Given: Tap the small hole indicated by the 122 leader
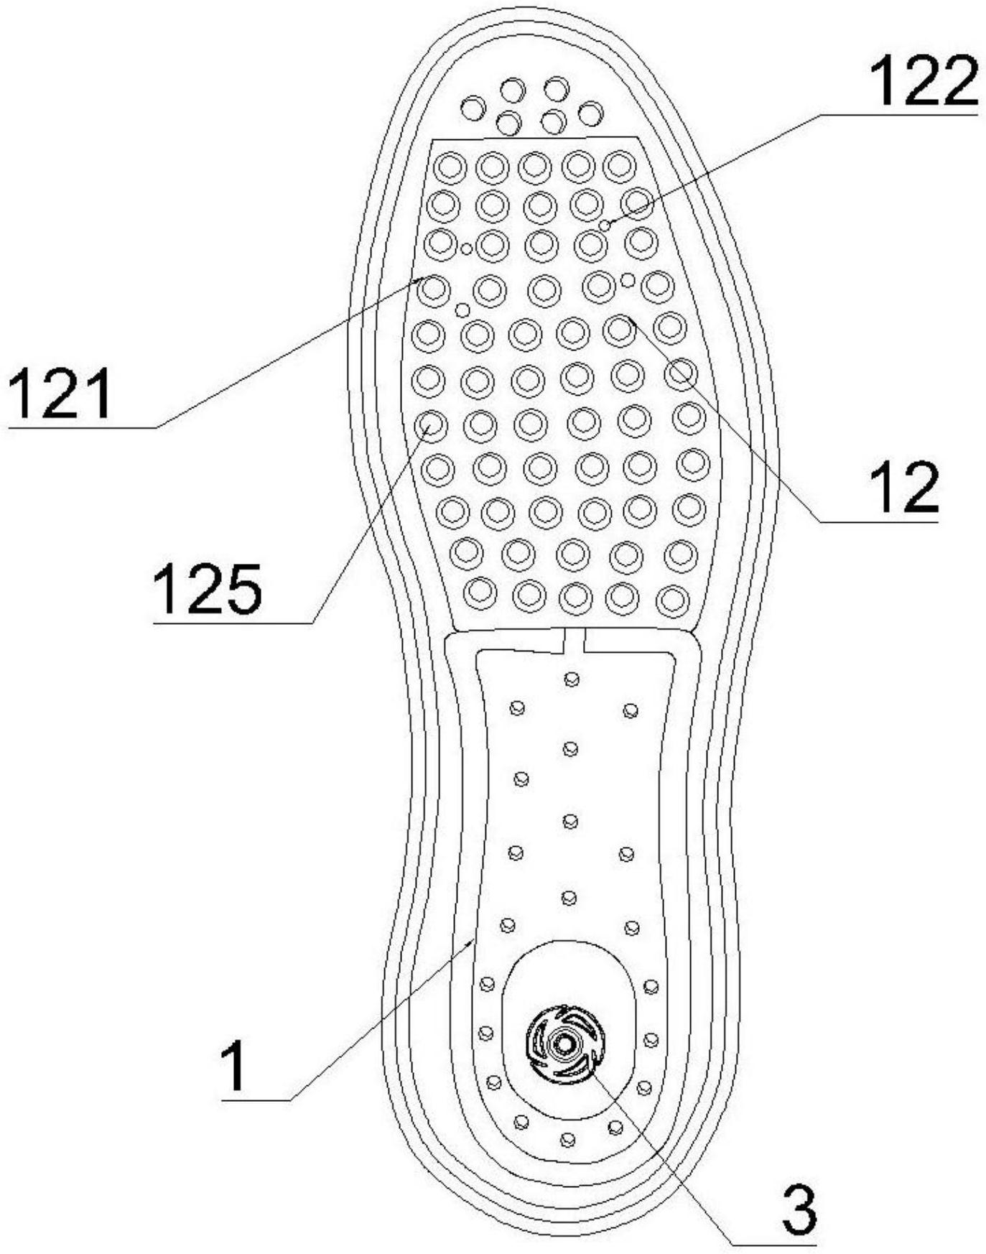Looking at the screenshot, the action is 605,226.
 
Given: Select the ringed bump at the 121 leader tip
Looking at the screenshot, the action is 433,289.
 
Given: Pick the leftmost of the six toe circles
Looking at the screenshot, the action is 473,108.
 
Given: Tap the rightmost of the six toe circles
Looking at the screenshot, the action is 590,113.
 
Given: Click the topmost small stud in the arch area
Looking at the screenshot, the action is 572,679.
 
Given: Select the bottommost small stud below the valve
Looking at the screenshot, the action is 567,1139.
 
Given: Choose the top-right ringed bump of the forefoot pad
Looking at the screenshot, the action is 619,167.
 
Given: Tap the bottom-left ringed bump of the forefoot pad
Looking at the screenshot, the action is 480,593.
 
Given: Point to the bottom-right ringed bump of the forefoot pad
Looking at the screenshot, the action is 673,600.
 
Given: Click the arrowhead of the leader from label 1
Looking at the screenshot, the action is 472,939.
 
